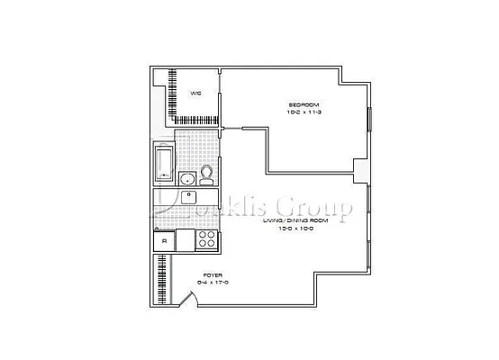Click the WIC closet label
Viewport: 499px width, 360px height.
coord(195,93)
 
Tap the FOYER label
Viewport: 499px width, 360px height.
coord(213,274)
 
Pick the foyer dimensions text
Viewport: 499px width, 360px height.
coord(213,282)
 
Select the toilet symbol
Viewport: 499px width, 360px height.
coord(207,172)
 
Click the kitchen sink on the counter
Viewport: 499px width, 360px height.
coord(189,195)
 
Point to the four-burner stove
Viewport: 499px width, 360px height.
coord(207,239)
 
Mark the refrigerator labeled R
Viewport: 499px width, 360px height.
coord(164,239)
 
